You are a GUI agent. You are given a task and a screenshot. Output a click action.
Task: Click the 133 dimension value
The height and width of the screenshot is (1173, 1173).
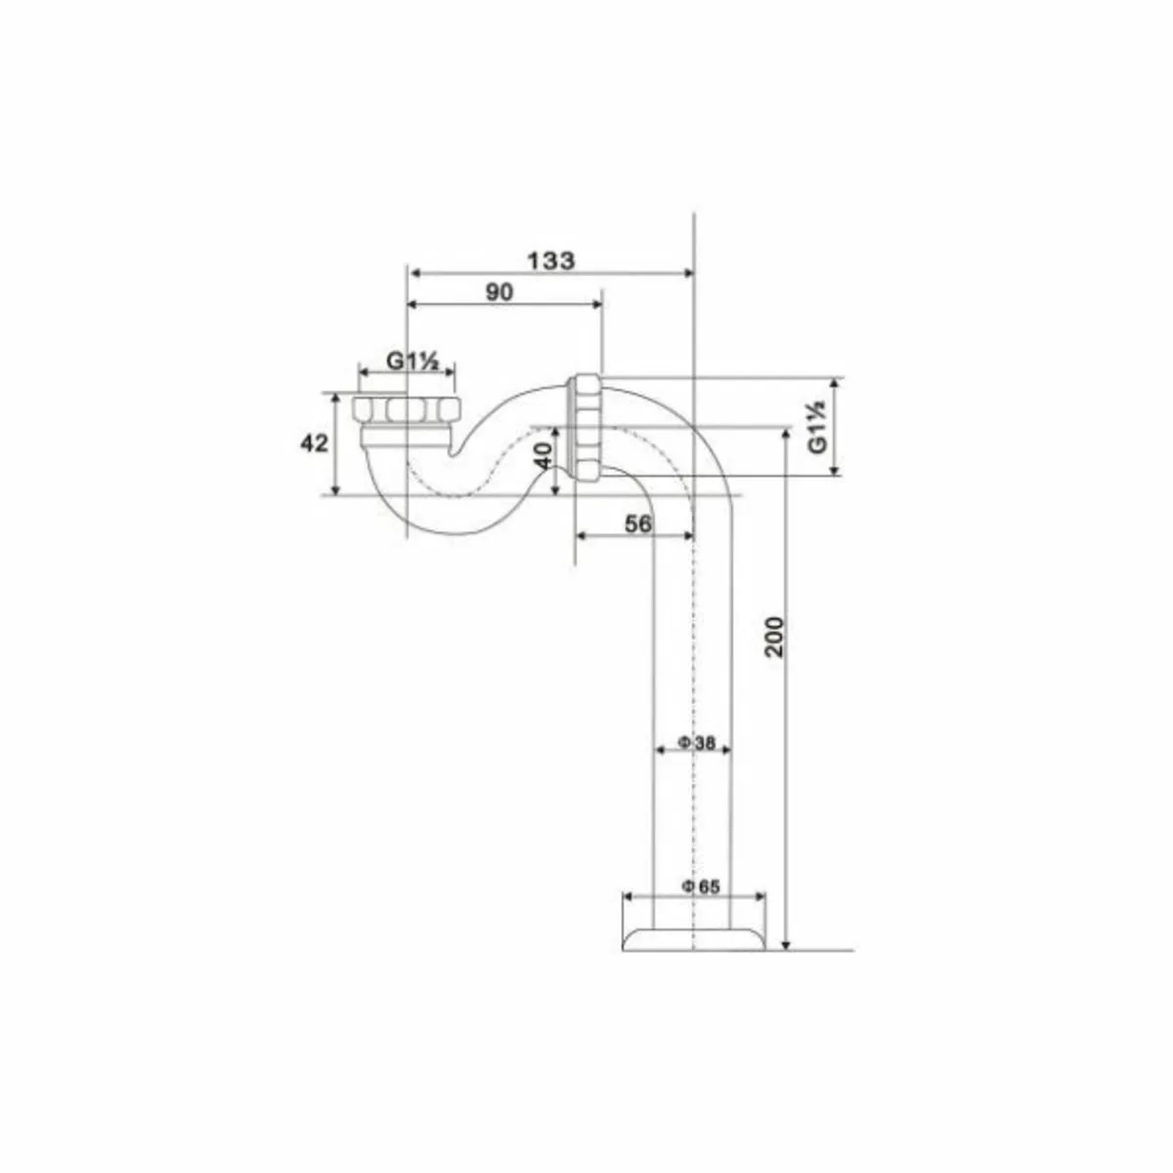click(x=551, y=260)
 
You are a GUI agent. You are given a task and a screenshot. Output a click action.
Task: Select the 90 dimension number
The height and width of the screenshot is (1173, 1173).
click(x=499, y=291)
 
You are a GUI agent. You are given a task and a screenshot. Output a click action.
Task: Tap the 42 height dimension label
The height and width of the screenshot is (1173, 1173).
click(x=313, y=443)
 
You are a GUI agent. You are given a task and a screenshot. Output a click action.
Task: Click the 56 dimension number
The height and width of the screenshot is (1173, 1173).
click(x=637, y=524)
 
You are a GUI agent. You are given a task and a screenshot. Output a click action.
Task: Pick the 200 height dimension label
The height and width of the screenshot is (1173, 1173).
click(x=774, y=637)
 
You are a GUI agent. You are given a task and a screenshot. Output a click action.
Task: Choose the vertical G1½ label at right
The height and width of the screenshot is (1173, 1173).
click(x=817, y=426)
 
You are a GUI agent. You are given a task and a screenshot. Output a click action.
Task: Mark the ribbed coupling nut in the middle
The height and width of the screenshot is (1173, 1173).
click(x=586, y=428)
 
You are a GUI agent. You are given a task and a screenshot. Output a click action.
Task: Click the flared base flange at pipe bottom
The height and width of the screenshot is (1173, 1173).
click(x=693, y=936)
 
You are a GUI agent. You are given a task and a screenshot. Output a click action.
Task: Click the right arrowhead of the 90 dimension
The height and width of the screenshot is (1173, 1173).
click(x=597, y=305)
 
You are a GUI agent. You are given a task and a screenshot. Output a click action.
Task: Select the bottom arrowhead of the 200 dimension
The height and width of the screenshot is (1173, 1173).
click(x=786, y=943)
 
